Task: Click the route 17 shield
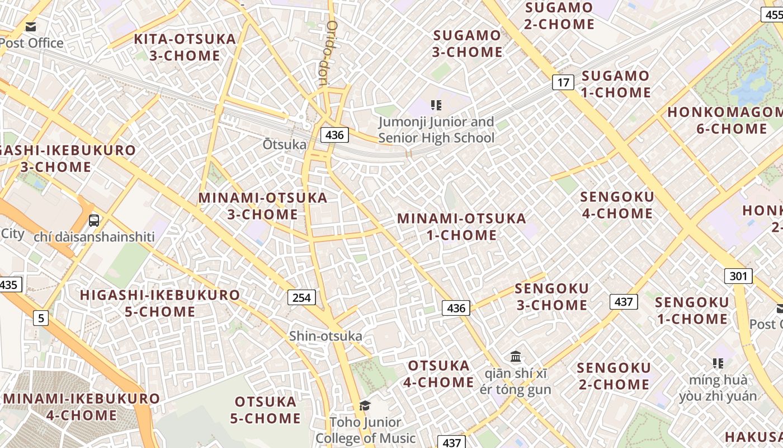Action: (x=563, y=82)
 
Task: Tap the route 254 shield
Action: (x=301, y=297)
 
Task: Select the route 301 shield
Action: (x=738, y=276)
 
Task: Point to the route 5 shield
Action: (x=40, y=319)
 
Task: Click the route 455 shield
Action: (x=772, y=15)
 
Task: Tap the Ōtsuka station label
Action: (x=285, y=144)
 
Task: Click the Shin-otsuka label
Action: (x=326, y=336)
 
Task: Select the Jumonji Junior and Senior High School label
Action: (x=436, y=130)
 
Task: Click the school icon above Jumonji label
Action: (x=436, y=105)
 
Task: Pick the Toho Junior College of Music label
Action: (x=365, y=430)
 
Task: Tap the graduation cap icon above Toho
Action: (x=365, y=405)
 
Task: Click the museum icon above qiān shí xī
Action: (x=516, y=356)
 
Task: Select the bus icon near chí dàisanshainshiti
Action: (x=94, y=220)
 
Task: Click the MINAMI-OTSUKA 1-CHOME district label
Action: (x=461, y=226)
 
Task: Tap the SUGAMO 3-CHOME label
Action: (x=468, y=44)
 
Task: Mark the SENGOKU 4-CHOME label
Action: (x=616, y=205)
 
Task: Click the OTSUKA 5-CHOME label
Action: (x=266, y=410)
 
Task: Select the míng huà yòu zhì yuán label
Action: (x=718, y=388)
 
